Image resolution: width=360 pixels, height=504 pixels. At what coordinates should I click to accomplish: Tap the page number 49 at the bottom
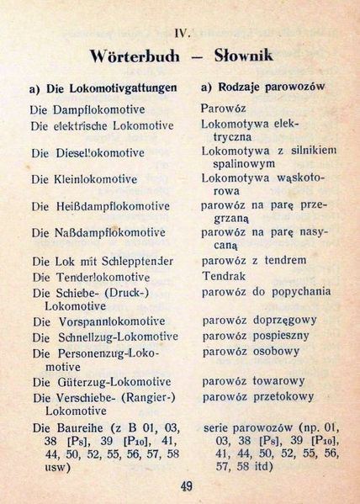187,485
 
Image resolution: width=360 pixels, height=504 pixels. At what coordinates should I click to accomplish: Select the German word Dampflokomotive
99,109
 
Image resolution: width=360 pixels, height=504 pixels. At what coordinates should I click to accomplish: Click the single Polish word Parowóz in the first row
222,109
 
